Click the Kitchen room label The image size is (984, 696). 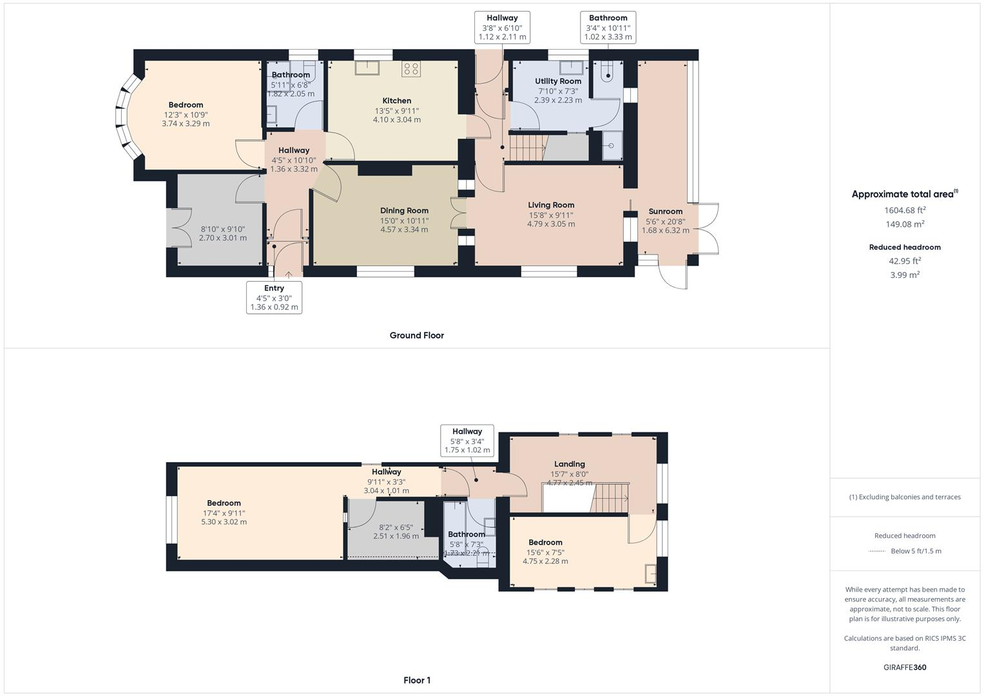pyautogui.click(x=396, y=101)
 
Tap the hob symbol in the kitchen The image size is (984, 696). pyautogui.click(x=411, y=69)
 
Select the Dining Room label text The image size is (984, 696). pyautogui.click(x=404, y=211)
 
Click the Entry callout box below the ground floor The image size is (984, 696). pyautogui.click(x=274, y=297)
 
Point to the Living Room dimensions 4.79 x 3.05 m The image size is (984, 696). pyautogui.click(x=551, y=224)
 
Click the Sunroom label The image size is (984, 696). pyautogui.click(x=665, y=211)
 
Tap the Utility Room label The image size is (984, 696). pyautogui.click(x=558, y=81)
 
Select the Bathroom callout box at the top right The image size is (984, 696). pyautogui.click(x=608, y=27)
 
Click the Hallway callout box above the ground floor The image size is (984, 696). pyautogui.click(x=502, y=27)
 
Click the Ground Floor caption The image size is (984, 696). pyautogui.click(x=416, y=335)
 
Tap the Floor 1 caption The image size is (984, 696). pyautogui.click(x=417, y=680)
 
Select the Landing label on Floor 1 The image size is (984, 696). pyautogui.click(x=570, y=464)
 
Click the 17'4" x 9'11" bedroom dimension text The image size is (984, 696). pyautogui.click(x=224, y=513)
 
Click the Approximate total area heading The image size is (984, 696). pyautogui.click(x=904, y=194)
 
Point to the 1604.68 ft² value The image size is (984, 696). pyautogui.click(x=905, y=210)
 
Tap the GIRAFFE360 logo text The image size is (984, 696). pyautogui.click(x=905, y=667)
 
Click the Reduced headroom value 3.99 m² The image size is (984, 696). pyautogui.click(x=905, y=275)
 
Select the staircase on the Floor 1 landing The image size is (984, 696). pyautogui.click(x=609, y=498)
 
